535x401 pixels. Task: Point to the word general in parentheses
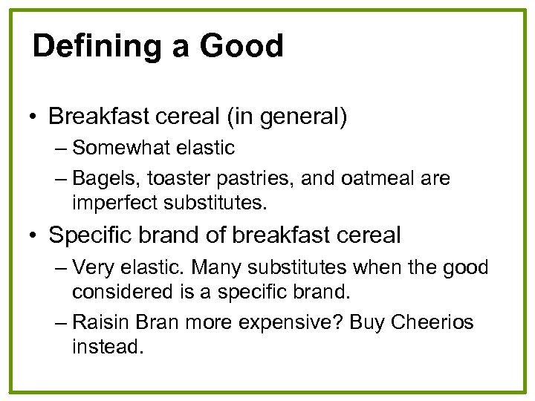[x=303, y=117]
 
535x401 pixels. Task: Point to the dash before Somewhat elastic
[x=60, y=148]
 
